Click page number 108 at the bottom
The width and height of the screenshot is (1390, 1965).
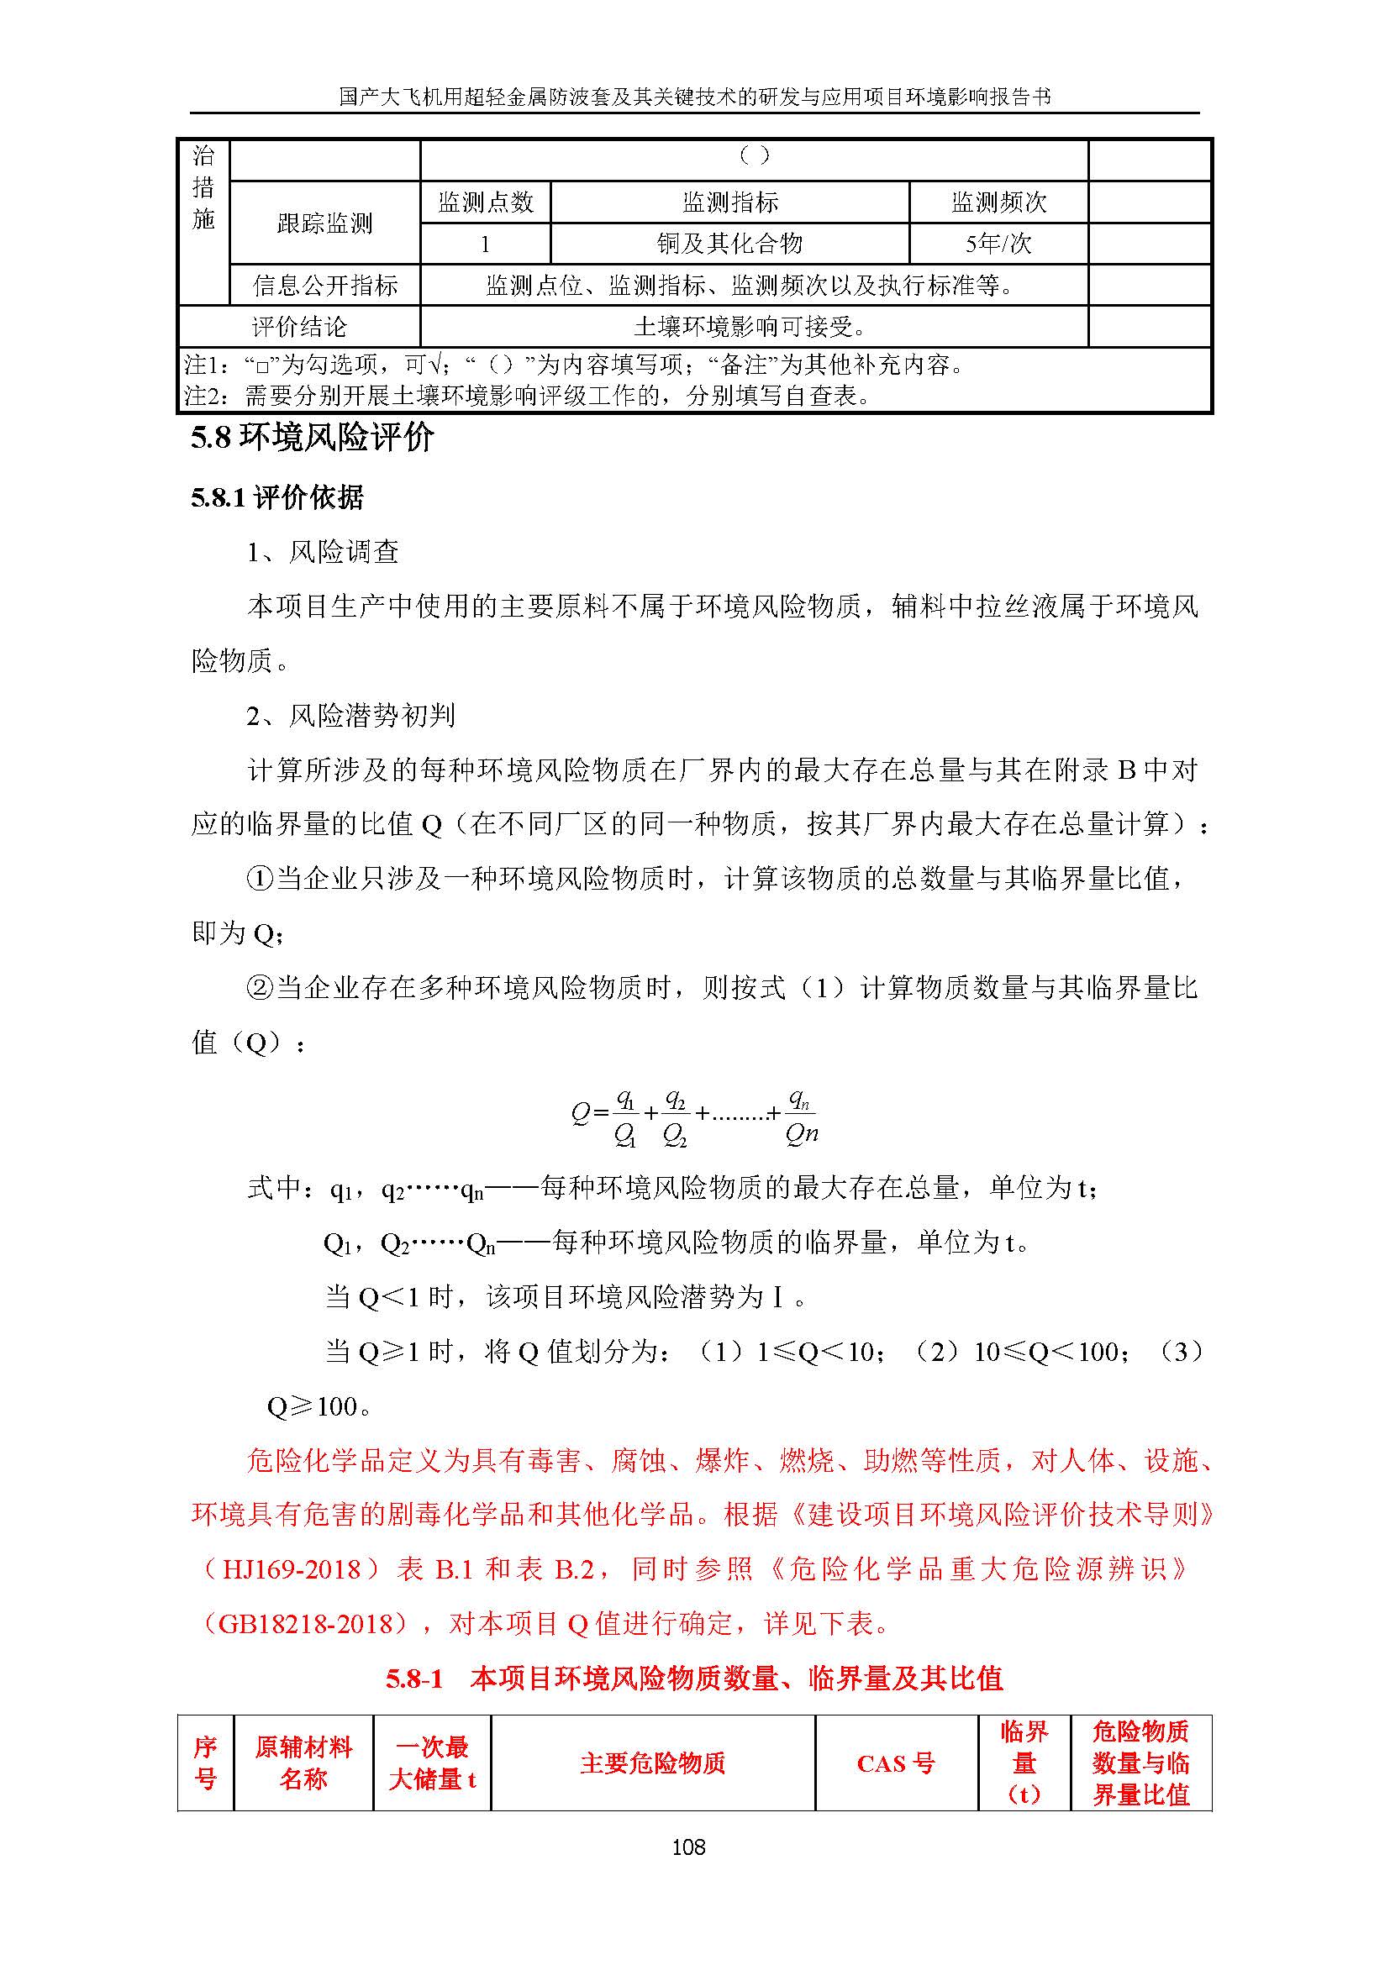click(x=688, y=1847)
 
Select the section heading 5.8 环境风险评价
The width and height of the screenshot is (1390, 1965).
click(x=313, y=439)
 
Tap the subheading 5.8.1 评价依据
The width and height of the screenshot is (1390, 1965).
click(x=277, y=497)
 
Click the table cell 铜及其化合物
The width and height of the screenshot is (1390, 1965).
click(x=729, y=244)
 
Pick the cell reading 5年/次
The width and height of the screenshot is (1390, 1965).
click(x=998, y=244)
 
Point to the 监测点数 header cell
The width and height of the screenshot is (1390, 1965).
click(x=485, y=202)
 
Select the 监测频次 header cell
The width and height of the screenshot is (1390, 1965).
click(x=998, y=202)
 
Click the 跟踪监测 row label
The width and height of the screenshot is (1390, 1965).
click(x=324, y=223)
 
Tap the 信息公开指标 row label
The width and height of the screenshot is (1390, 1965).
click(x=324, y=285)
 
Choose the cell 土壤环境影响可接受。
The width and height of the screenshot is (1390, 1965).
click(x=753, y=326)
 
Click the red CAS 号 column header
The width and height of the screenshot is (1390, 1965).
click(x=895, y=1763)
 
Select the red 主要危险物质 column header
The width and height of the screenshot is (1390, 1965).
click(x=652, y=1763)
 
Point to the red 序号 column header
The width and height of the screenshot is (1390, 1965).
click(x=205, y=1763)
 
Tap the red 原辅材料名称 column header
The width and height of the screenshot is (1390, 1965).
click(x=303, y=1763)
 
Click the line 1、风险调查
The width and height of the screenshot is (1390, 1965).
click(x=323, y=552)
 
